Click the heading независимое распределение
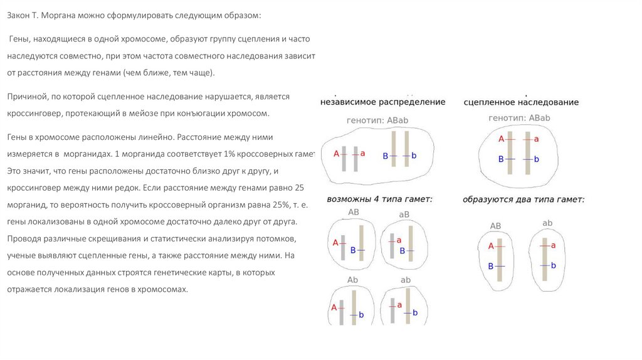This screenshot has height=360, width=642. coord(382,102)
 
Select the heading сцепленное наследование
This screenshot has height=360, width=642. coord(521,102)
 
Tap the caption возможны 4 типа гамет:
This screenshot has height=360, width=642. coord(380,199)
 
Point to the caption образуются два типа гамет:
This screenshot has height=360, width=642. coord(524,199)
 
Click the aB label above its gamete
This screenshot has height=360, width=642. coord(404,214)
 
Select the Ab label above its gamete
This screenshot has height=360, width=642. coord(352,280)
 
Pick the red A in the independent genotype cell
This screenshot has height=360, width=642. coord(336,153)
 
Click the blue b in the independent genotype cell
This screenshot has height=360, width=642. coord(414,156)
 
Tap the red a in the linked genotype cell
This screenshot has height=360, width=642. coord(537,139)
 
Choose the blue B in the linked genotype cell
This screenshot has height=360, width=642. coord(501,159)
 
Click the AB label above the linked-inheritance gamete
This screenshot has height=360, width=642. coord(495,226)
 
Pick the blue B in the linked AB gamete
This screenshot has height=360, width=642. coord(491,267)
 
